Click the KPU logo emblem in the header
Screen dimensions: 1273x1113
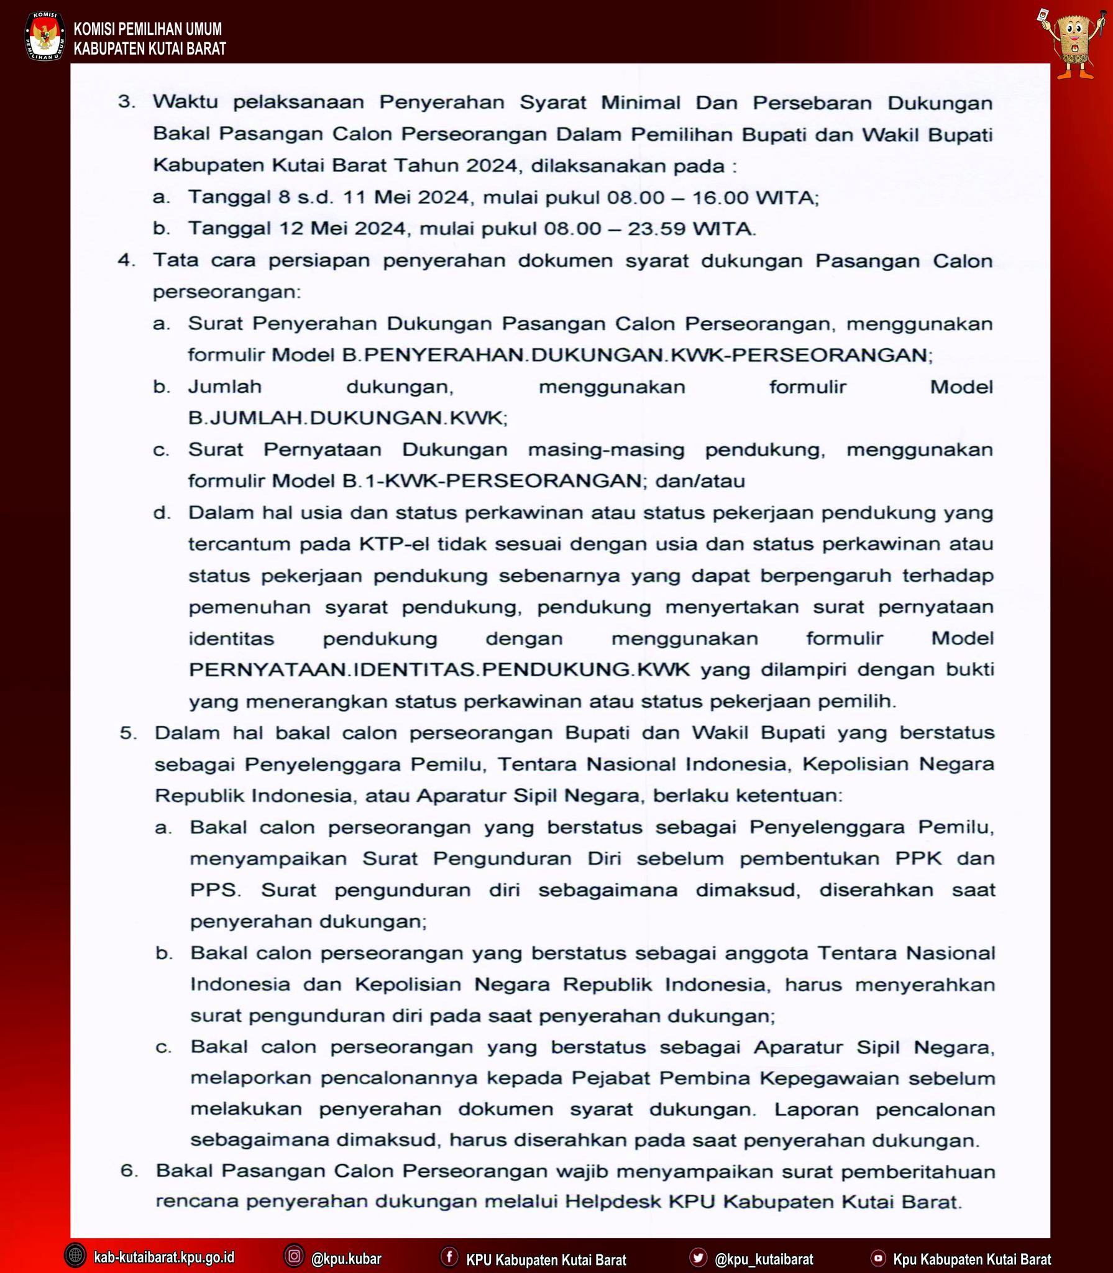click(x=44, y=37)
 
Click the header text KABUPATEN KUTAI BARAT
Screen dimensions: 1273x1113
click(x=150, y=48)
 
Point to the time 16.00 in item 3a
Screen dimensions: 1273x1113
click(x=719, y=198)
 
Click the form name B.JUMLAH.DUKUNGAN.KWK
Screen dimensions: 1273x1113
click(x=347, y=418)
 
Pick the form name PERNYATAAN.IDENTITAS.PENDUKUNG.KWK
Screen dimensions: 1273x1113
click(x=439, y=670)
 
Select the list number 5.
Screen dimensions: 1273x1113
click(x=129, y=733)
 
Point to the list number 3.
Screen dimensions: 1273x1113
click(x=127, y=103)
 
